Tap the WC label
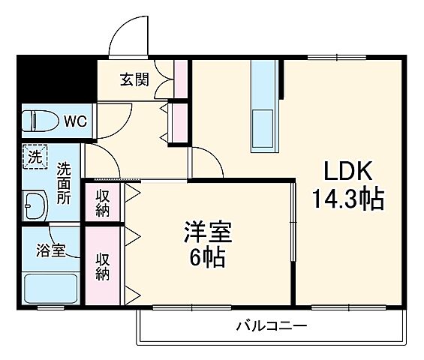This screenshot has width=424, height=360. [74, 120]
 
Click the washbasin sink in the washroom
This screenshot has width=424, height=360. [35, 202]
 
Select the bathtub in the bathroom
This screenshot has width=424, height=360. [51, 288]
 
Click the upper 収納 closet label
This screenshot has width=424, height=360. [102, 202]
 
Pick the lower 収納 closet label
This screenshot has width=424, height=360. [102, 264]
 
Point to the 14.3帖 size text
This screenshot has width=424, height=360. [347, 199]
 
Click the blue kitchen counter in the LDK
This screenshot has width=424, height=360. [264, 105]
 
